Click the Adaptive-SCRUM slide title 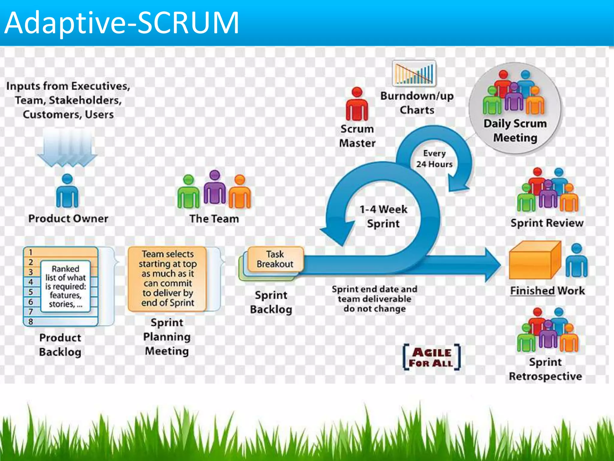coord(122,23)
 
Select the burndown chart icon coord(414,73)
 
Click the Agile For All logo coord(431,357)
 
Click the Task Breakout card coord(275,259)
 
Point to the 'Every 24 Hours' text coord(434,159)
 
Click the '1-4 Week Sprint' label coord(383,216)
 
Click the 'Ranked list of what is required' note coord(66,286)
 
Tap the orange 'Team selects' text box coord(167,278)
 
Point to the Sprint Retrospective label coord(545,369)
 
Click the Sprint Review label coord(547,223)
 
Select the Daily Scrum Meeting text coord(515,131)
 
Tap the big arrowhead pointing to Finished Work coord(492,264)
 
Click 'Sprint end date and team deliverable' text coord(374,299)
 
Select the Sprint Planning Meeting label coord(167,337)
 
